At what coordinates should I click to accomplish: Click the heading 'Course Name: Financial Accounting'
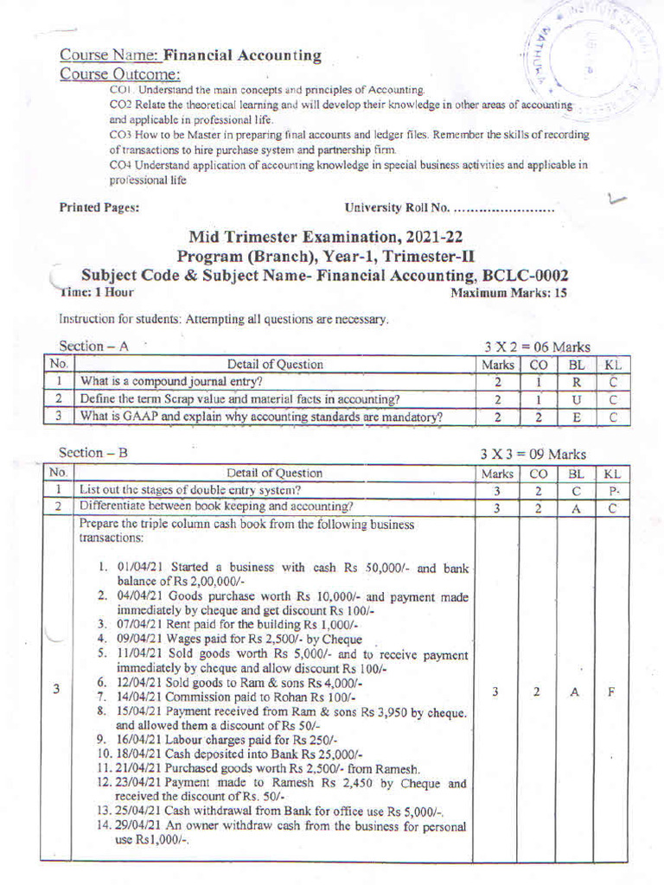pyautogui.click(x=190, y=56)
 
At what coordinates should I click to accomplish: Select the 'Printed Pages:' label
pyautogui.click(x=99, y=207)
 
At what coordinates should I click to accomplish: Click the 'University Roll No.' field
pyautogui.click(x=449, y=207)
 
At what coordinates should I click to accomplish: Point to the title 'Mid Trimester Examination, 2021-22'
pyautogui.click(x=331, y=238)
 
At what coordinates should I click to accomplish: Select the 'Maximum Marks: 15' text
pyautogui.click(x=509, y=293)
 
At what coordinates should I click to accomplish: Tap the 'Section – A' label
pyautogui.click(x=93, y=346)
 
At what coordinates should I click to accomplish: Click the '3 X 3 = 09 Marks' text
pyautogui.click(x=533, y=454)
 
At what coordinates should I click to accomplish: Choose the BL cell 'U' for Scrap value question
pyautogui.click(x=575, y=399)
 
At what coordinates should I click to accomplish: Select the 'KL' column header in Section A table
pyautogui.click(x=612, y=364)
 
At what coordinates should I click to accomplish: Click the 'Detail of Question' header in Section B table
pyautogui.click(x=275, y=473)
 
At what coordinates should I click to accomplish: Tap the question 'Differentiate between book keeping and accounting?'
pyautogui.click(x=216, y=506)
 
